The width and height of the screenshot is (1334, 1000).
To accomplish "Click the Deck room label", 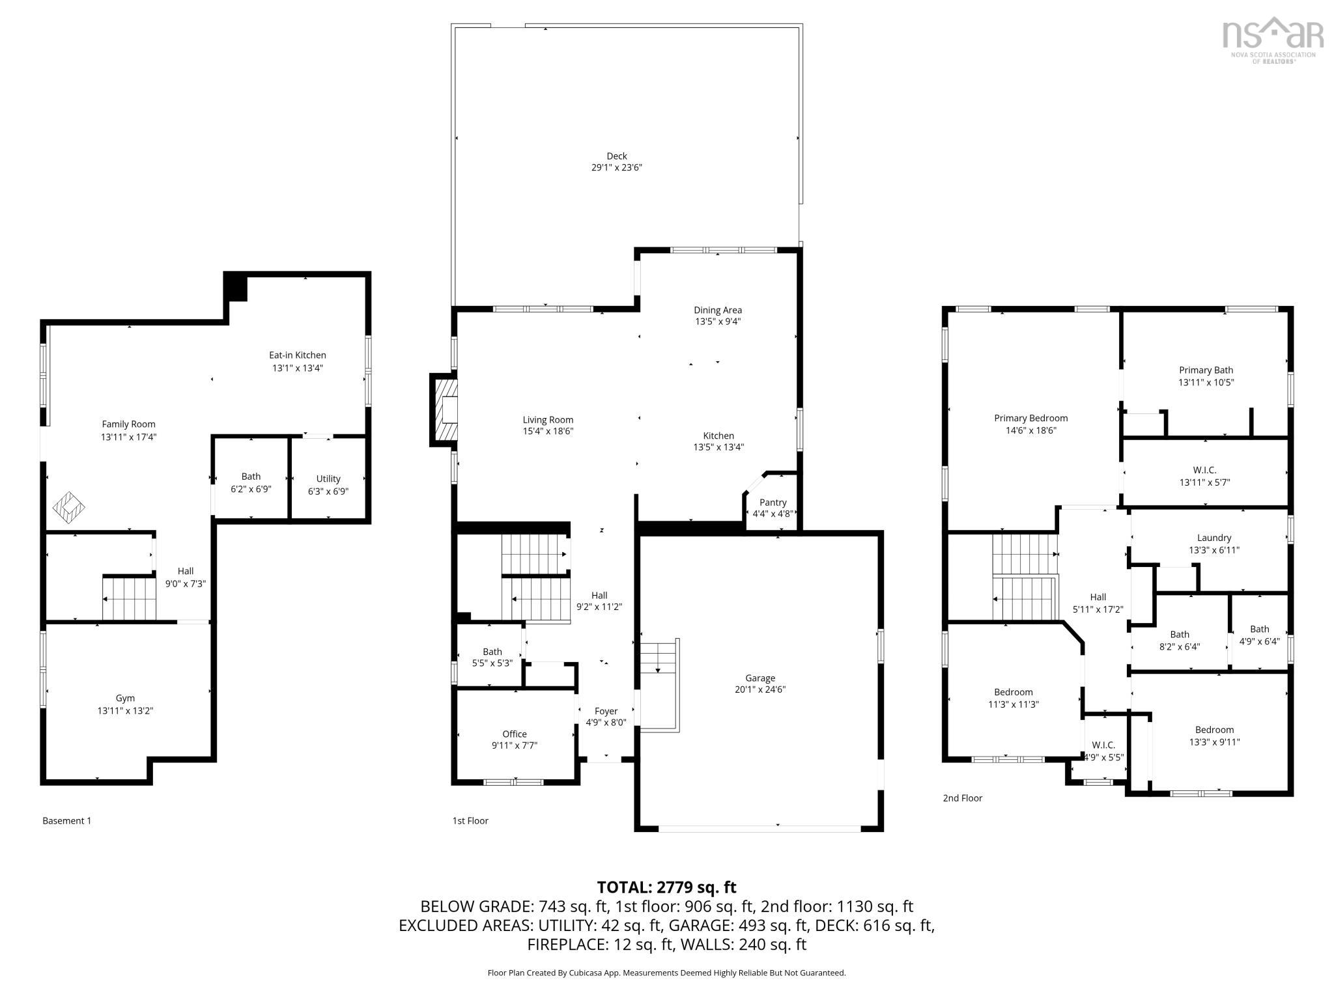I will [616, 156].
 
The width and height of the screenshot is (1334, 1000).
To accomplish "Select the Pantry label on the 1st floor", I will [773, 503].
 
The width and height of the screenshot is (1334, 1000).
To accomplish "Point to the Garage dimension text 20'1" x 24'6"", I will [759, 689].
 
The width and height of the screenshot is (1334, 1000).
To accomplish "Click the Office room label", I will [514, 734].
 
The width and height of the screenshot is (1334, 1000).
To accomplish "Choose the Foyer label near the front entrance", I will [606, 711].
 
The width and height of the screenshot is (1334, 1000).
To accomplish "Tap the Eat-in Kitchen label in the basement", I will [297, 355].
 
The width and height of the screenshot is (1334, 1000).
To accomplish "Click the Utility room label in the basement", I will [328, 479].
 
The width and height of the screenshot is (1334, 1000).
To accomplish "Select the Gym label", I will [125, 699].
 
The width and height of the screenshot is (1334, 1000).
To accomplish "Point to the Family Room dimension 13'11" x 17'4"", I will [128, 437].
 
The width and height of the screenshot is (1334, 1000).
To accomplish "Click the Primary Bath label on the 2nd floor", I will [1206, 370].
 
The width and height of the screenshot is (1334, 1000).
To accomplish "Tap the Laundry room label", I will [1213, 538].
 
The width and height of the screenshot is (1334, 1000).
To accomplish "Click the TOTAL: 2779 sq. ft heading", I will [666, 887].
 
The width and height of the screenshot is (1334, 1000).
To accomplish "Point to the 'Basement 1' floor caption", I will [66, 821].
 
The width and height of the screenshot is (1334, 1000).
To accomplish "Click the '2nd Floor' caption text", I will [962, 798].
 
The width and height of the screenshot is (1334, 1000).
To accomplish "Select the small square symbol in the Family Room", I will [69, 508].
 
